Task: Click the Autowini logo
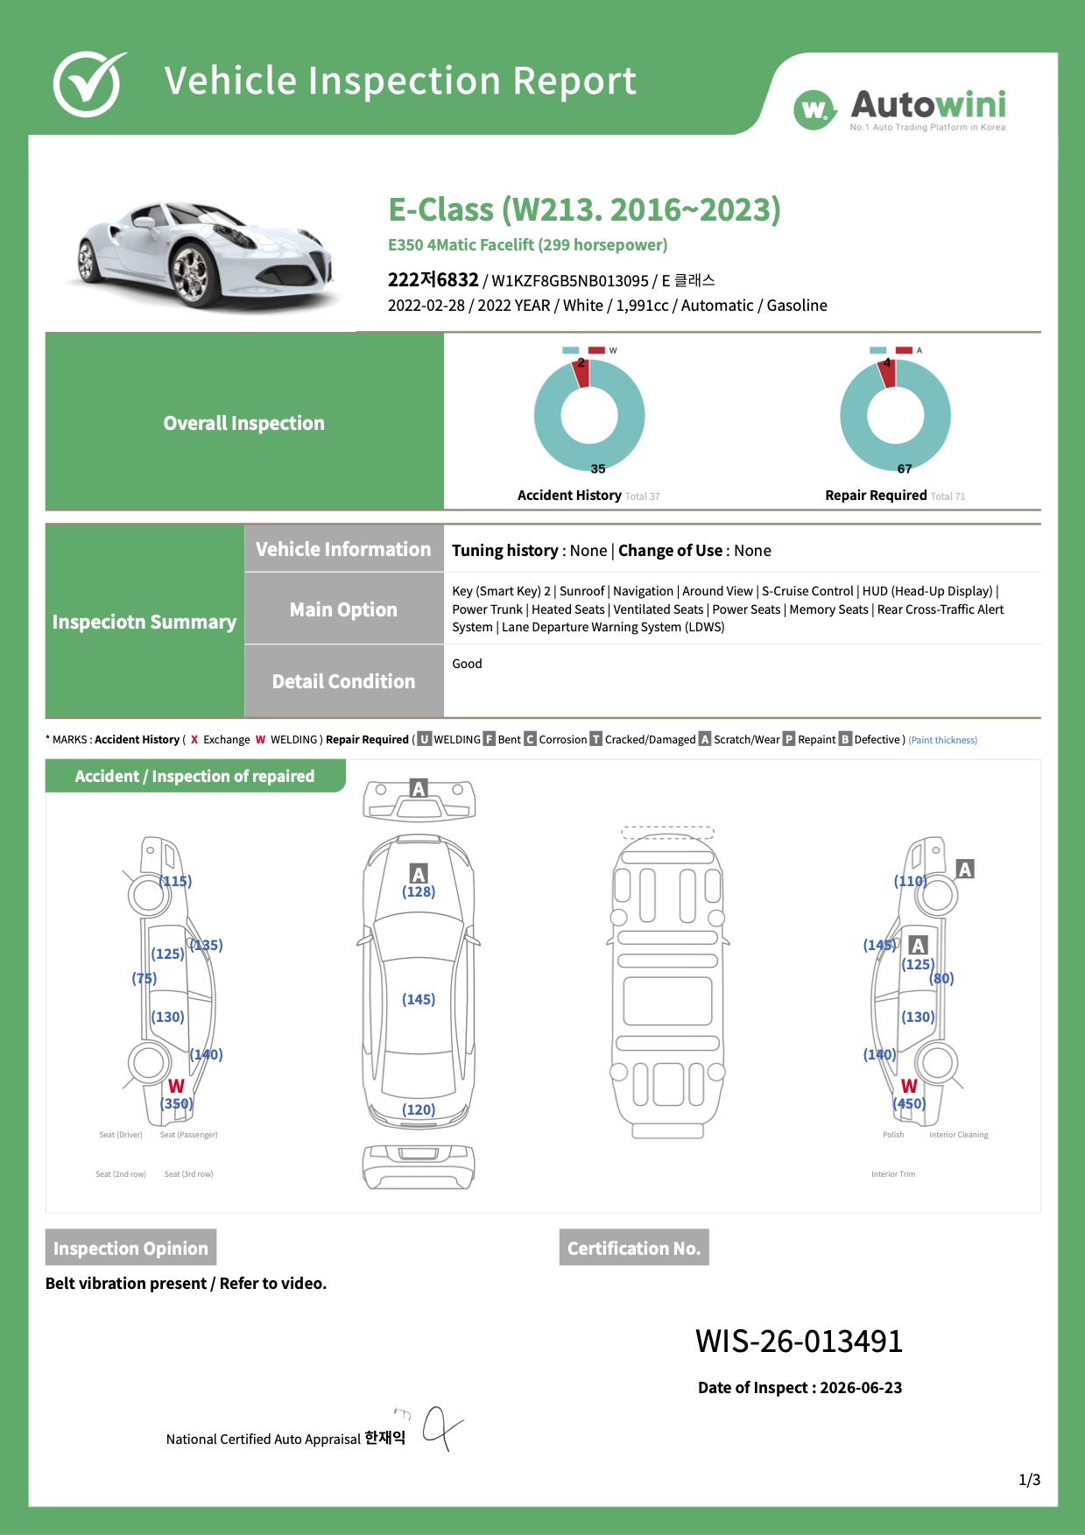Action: pyautogui.click(x=899, y=109)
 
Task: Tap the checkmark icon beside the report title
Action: pyautogui.click(x=89, y=83)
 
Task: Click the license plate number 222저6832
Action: pyautogui.click(x=433, y=279)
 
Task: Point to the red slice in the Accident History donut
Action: pyautogui.click(x=581, y=374)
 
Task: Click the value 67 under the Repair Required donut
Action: pyautogui.click(x=905, y=468)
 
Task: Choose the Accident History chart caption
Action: pyautogui.click(x=588, y=496)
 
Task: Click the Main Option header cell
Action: pyautogui.click(x=343, y=609)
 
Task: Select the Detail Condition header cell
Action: pyautogui.click(x=343, y=681)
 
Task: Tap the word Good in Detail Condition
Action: pyautogui.click(x=467, y=664)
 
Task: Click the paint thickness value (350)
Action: pyautogui.click(x=177, y=1103)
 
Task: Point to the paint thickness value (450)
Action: pyautogui.click(x=909, y=1103)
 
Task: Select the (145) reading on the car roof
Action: pyautogui.click(x=419, y=999)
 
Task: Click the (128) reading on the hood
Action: pyautogui.click(x=419, y=891)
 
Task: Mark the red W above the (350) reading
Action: pyautogui.click(x=176, y=1086)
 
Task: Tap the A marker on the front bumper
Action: pyautogui.click(x=419, y=788)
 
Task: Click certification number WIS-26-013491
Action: pyautogui.click(x=799, y=1341)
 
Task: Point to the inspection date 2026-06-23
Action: pyautogui.click(x=861, y=1387)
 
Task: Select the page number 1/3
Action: pyautogui.click(x=1030, y=1480)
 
